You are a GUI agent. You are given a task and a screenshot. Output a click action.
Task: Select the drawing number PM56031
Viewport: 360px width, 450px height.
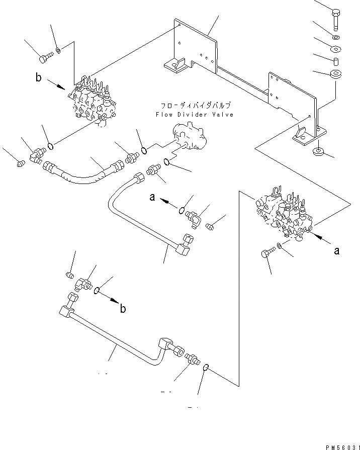[x=340, y=445]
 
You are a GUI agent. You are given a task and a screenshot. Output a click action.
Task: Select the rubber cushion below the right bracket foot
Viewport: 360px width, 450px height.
[x=318, y=152]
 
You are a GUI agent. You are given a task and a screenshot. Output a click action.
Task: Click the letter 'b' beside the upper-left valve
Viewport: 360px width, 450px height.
[x=38, y=77]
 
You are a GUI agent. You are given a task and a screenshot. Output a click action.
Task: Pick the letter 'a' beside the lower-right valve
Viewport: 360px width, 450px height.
[x=337, y=250]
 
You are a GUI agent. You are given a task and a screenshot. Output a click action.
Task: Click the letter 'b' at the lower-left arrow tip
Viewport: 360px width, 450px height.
[x=123, y=309]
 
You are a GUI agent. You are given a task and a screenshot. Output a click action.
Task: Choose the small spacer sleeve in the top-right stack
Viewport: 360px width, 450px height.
[x=335, y=62]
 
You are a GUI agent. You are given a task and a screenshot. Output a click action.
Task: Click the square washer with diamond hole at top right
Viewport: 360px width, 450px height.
[x=335, y=49]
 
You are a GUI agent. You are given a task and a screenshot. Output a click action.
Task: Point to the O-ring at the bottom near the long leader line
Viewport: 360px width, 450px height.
[x=206, y=370]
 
